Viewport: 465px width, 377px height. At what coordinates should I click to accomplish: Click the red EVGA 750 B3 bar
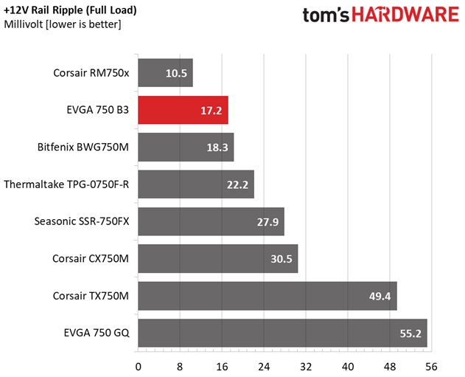tap(183, 110)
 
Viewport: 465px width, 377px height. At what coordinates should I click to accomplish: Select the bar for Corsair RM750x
tap(165, 73)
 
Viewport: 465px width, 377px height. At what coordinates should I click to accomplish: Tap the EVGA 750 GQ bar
tap(282, 333)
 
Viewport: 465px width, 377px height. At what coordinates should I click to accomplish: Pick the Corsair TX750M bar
tap(268, 296)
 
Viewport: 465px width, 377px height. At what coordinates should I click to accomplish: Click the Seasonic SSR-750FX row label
tap(82, 221)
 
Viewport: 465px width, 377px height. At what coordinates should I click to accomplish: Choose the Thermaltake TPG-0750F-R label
tap(66, 184)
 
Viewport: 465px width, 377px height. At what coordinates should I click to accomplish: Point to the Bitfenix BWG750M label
tap(83, 148)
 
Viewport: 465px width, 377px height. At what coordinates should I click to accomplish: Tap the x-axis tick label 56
tap(431, 365)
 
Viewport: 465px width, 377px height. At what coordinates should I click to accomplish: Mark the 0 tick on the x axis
tap(138, 365)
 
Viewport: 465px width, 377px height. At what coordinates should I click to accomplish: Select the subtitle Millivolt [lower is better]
tap(63, 25)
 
